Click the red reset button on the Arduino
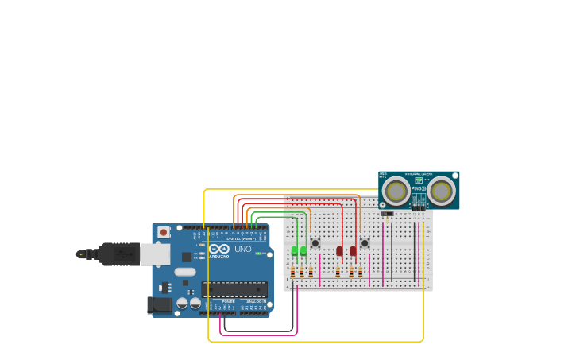tap(163, 232)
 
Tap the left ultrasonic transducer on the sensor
tap(396, 191)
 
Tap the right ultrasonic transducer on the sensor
tap(442, 191)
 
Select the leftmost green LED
tap(295, 251)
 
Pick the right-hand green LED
tap(303, 251)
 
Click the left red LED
tap(339, 251)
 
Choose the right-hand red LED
tap(353, 251)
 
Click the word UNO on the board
tap(243, 250)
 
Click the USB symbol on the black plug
tap(122, 254)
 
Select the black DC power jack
tap(160, 304)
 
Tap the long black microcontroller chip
tap(234, 289)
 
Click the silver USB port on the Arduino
tap(155, 254)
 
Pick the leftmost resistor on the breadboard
tap(292, 273)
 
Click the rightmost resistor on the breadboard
tap(360, 273)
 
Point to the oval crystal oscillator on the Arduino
tap(185, 272)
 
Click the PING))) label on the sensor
tap(419, 188)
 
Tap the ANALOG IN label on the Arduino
tap(256, 302)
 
